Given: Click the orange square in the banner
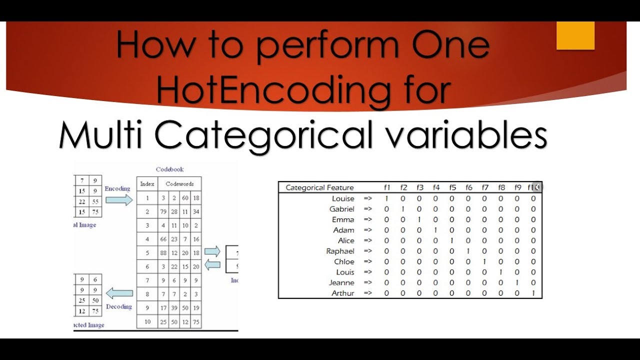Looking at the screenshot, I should tap(575, 35).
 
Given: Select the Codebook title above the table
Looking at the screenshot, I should tap(169, 169).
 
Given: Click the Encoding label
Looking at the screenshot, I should tap(117, 188).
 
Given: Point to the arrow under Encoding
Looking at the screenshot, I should tap(119, 200).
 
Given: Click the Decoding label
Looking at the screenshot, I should tap(119, 306).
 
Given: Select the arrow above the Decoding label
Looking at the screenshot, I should tap(119, 293).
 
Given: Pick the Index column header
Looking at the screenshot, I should tap(147, 184).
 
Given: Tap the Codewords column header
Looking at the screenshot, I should tap(179, 184).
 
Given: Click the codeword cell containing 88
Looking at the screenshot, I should tap(163, 253).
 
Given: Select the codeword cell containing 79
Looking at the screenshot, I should tap(163, 212).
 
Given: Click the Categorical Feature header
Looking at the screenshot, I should tap(319, 187).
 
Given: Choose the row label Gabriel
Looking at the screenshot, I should tap(342, 209).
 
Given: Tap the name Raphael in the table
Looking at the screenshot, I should tap(340, 251).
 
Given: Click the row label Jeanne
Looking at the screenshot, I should tap(341, 282).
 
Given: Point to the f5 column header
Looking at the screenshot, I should tap(452, 187).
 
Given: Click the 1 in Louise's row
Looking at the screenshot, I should tap(386, 198).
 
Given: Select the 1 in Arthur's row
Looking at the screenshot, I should tap(533, 293).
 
